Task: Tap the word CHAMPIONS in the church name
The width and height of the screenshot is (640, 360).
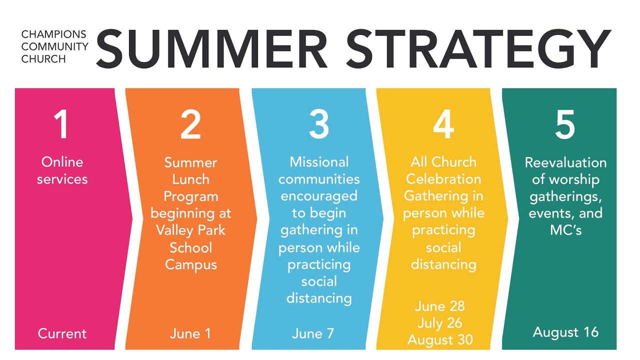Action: click(x=54, y=34)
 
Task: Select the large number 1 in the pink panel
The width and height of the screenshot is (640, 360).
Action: click(x=62, y=124)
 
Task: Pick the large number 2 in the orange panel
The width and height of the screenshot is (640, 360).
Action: click(x=190, y=124)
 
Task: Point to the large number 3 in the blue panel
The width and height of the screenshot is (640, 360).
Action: click(x=319, y=124)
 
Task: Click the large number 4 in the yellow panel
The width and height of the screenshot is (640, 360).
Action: click(x=443, y=124)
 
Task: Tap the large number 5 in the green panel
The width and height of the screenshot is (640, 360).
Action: click(x=565, y=124)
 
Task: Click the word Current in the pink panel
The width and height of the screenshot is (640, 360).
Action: click(x=62, y=333)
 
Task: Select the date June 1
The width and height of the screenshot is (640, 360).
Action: click(x=190, y=333)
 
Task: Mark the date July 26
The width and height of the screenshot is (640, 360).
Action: click(x=440, y=323)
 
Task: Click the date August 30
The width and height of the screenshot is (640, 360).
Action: click(x=440, y=340)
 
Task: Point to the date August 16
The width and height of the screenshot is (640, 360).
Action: click(x=565, y=332)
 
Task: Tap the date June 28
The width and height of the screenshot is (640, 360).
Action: click(x=440, y=306)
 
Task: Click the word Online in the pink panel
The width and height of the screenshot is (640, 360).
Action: click(x=62, y=162)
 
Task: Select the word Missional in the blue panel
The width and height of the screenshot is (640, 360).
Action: click(x=319, y=162)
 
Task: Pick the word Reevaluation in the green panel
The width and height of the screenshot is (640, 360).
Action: click(x=565, y=162)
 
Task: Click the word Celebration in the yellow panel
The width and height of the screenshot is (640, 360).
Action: click(x=443, y=179)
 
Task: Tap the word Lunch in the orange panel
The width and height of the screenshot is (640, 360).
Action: click(x=190, y=179)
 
